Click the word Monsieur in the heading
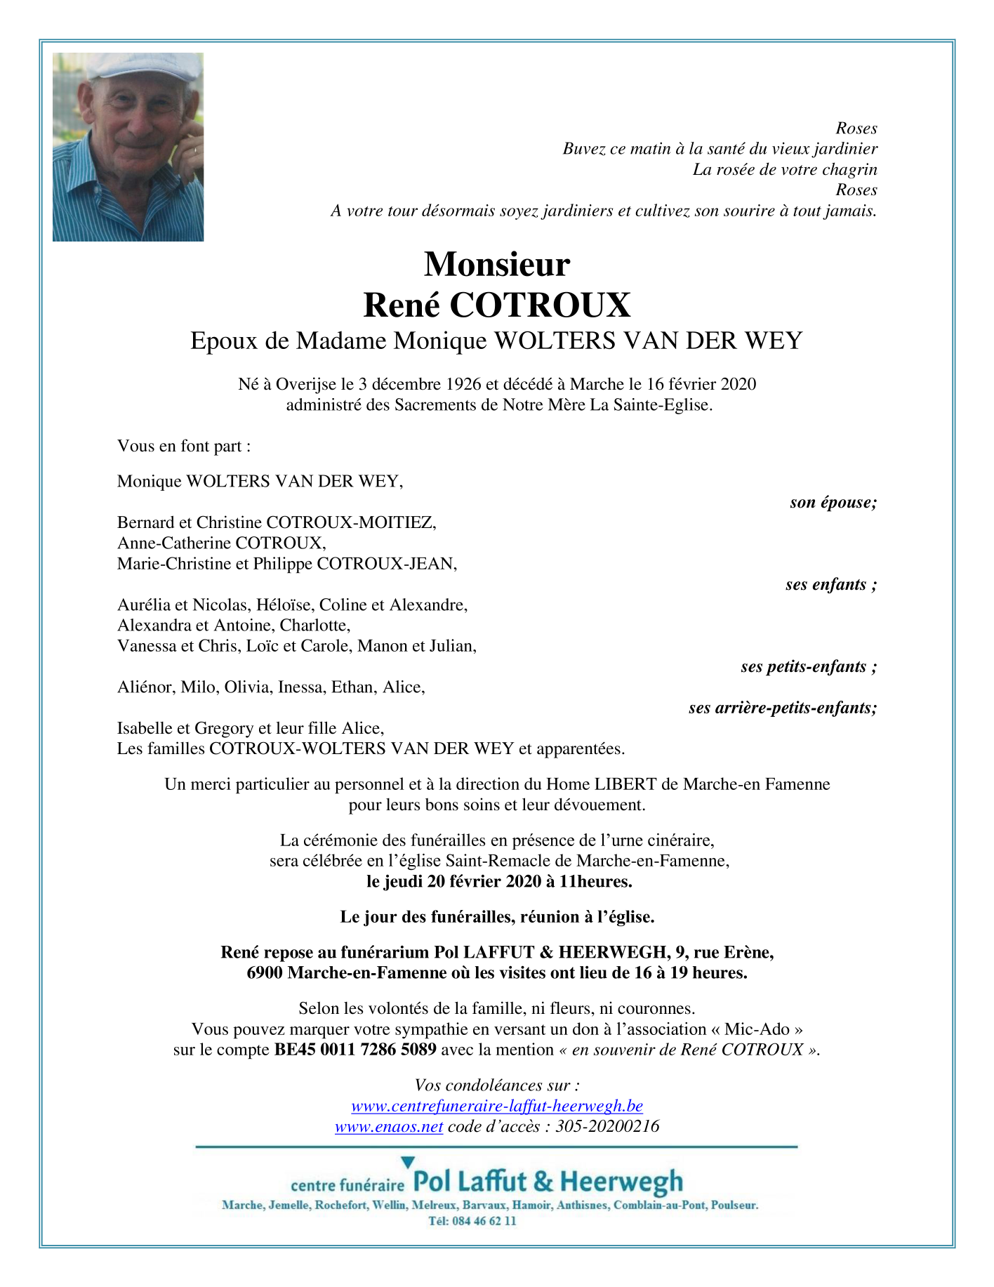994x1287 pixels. pos(497,265)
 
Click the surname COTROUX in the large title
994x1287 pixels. pos(540,305)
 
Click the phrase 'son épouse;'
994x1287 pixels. pos(833,502)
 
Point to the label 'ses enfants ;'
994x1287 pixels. pos(831,584)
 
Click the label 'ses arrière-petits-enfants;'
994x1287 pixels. pos(783,708)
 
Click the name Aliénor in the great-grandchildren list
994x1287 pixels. pos(145,687)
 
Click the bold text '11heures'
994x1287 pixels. pos(602,881)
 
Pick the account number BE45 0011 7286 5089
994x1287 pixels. pos(355,1050)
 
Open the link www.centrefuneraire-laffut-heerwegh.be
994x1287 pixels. pos(497,1106)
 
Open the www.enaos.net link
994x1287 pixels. pos(389,1126)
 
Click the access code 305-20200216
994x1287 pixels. pos(607,1126)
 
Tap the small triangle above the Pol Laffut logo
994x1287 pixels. pos(408,1162)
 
